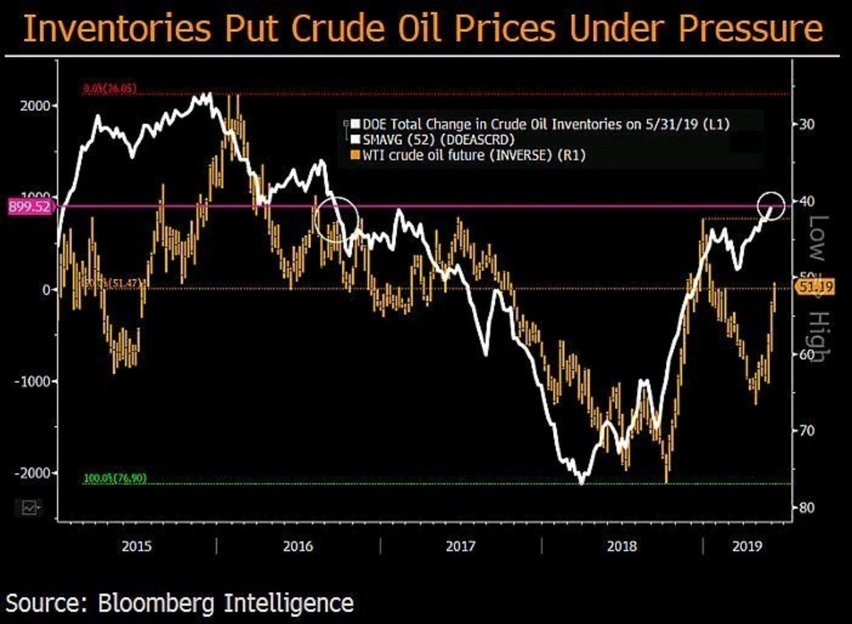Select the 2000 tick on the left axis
tap(31, 106)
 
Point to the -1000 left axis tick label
tap(29, 381)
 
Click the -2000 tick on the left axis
tap(29, 473)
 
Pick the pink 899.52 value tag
tap(26, 207)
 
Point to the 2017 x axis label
tap(461, 547)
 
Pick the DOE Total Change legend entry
tap(543, 124)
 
